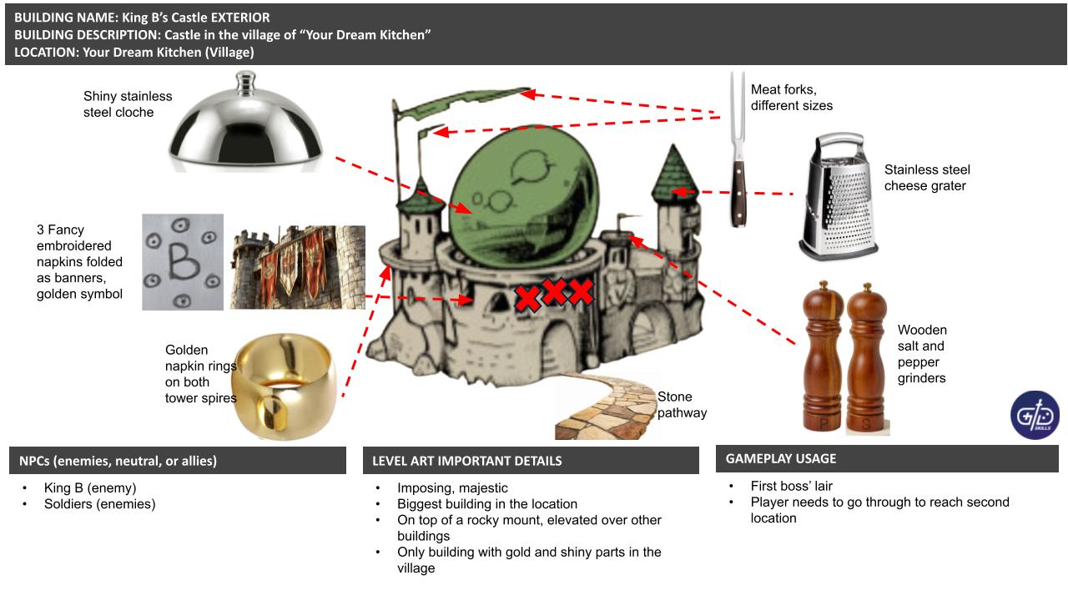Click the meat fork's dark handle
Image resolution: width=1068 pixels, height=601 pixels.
click(738, 194)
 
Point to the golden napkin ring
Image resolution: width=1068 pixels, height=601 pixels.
click(284, 386)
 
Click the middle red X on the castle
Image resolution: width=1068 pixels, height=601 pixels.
click(554, 291)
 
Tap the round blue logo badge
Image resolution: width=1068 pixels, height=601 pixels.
click(1035, 415)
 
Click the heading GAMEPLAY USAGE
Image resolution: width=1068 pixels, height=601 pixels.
click(780, 458)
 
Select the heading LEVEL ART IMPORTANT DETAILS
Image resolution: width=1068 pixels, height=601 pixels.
click(466, 461)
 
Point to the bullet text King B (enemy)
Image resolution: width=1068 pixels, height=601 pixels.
click(89, 487)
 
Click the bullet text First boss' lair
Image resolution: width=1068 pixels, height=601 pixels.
click(791, 486)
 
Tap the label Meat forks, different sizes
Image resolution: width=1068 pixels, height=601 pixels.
click(791, 98)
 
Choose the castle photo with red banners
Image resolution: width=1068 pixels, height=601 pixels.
click(297, 266)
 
